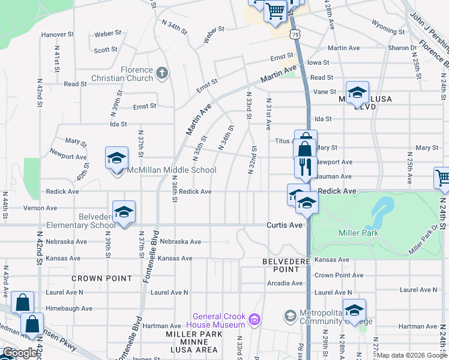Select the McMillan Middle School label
point(170,170)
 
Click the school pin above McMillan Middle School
point(116,158)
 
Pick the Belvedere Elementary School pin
point(124,212)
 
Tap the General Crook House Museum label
point(220,321)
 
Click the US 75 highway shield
point(294,35)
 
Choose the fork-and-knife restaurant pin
point(305,167)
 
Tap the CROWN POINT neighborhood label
point(101,278)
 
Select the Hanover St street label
point(58,35)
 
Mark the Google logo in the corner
point(19,353)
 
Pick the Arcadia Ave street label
point(285,283)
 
